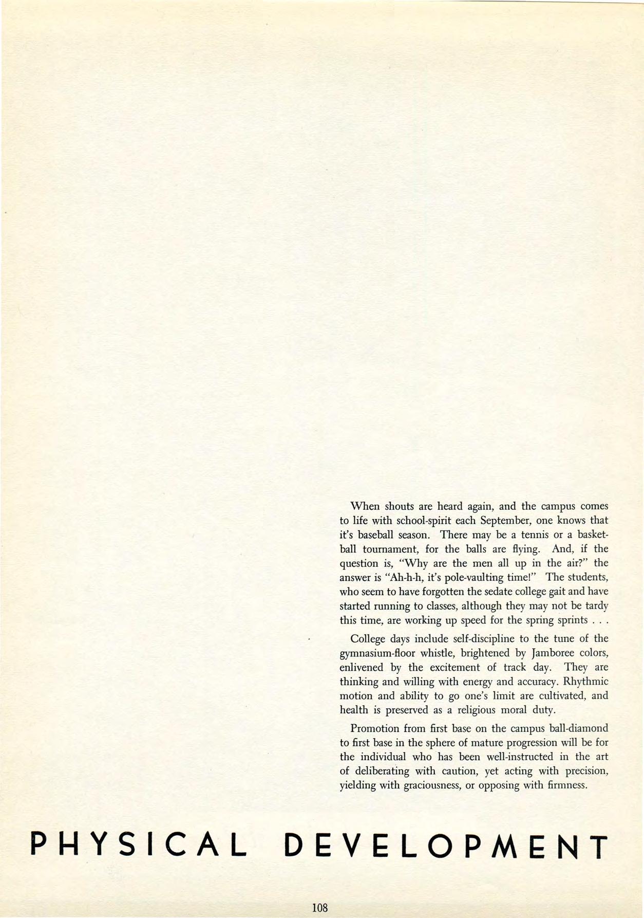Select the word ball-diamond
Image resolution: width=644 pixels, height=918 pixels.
[x=579, y=728]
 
